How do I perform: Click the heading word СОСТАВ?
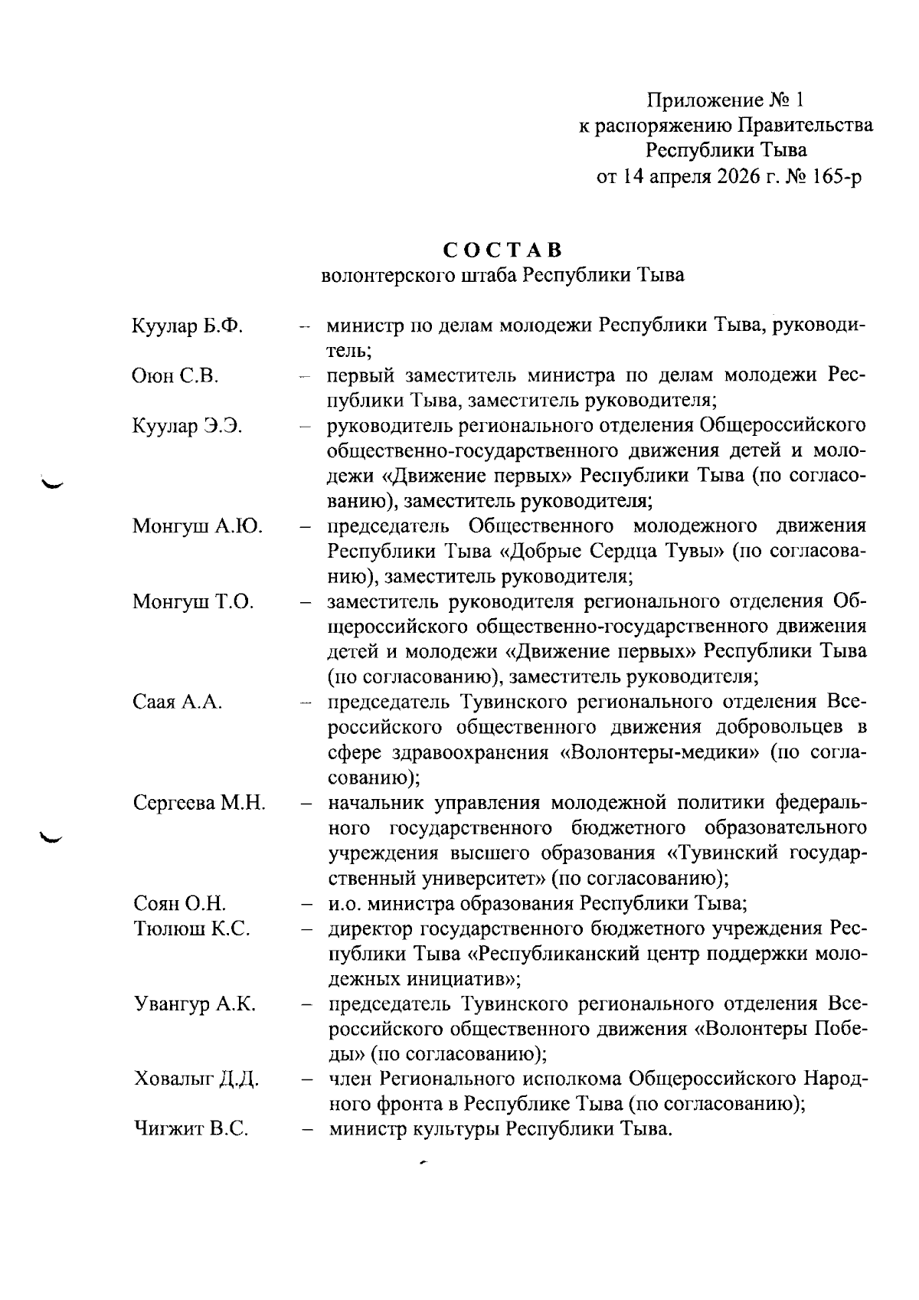[502, 251]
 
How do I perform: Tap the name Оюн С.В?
[175, 376]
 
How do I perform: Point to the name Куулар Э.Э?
[188, 427]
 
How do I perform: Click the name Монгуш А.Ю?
[198, 527]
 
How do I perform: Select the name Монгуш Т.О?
[193, 602]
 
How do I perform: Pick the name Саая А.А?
[178, 702]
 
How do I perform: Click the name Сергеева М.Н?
[199, 804]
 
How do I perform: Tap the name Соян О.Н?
[179, 904]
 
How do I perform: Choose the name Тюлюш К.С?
[191, 929]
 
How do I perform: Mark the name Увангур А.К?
[195, 1004]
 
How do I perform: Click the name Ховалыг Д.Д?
[196, 1079]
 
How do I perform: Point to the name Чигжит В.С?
[191, 1130]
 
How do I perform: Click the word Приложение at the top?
[705, 100]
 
